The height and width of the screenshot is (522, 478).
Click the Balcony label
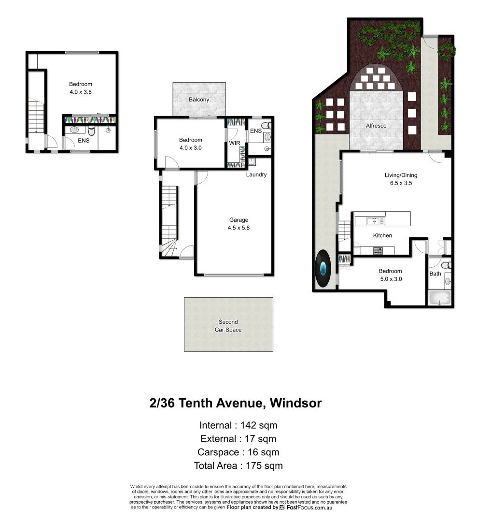pos(199,100)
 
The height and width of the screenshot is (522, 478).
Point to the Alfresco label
pos(376,126)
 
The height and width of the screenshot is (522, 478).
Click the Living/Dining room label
pos(401,175)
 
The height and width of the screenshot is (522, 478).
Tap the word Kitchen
pos(382,235)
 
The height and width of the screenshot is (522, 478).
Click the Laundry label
pos(256,174)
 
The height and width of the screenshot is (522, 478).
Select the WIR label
pos(235,144)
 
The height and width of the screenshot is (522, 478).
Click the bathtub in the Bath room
pos(439,298)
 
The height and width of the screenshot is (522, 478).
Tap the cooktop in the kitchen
pos(378,250)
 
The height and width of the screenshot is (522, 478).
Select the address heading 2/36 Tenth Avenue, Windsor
pos(236,403)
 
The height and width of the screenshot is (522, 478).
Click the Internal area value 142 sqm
pos(260,425)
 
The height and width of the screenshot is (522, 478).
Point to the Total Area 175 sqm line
pos(239,466)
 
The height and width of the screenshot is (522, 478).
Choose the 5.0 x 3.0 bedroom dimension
pos(390,279)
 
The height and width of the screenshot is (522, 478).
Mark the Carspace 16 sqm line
pos(239,452)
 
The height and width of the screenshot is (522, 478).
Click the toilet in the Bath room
pos(447,265)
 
